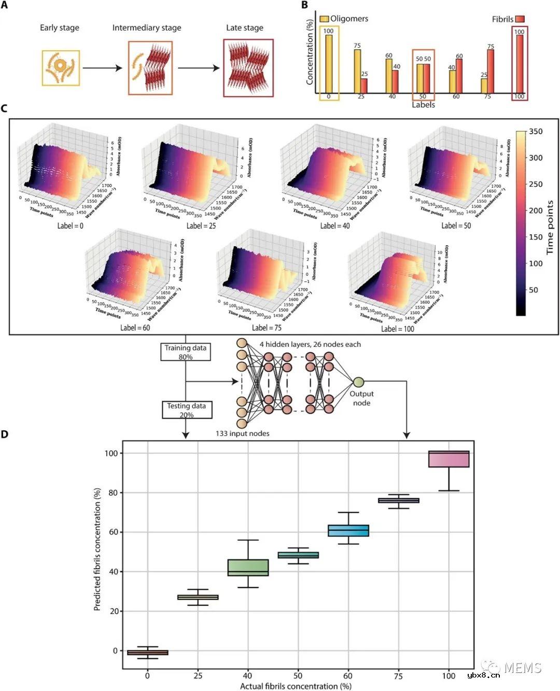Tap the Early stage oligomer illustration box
[61, 67]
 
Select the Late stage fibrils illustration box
[248, 68]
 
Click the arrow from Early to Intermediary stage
[103, 68]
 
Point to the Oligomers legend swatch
[324, 19]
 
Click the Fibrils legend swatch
[520, 19]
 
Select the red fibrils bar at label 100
[520, 64]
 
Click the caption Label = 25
[201, 225]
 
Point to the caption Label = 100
[398, 329]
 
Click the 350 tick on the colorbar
[536, 132]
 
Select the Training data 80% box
[186, 352]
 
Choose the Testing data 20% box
[186, 410]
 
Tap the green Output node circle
[358, 383]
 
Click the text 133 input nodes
[243, 433]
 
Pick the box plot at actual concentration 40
[248, 567]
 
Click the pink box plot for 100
[449, 459]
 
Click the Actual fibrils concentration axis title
[296, 686]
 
